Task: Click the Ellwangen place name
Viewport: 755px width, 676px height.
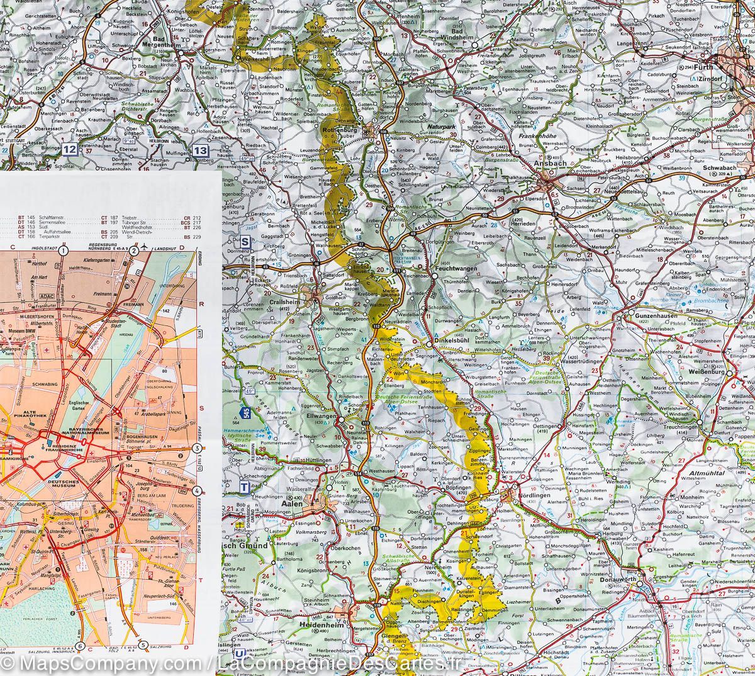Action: pos(319,417)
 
